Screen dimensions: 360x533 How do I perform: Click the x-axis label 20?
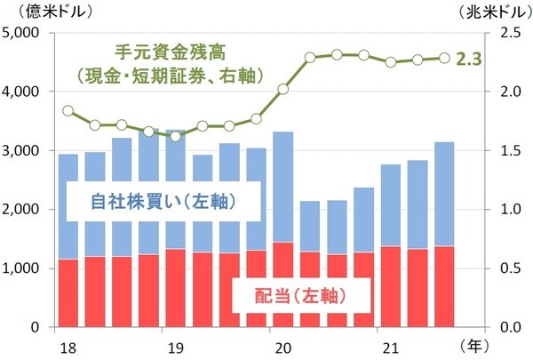point(283,345)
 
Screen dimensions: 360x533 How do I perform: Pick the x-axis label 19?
point(175,345)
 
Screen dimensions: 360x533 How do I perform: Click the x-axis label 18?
point(67,345)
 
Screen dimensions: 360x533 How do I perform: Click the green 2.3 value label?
point(467,60)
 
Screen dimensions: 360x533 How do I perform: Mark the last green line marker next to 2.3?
point(443,59)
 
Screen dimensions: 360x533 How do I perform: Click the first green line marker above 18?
point(68,111)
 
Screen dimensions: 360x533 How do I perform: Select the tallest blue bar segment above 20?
point(283,187)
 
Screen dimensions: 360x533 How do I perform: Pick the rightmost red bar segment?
point(443,286)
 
